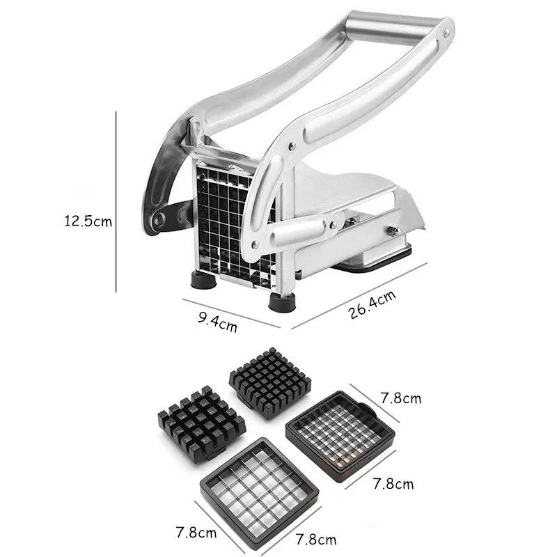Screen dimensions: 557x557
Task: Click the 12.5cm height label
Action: click(x=88, y=221)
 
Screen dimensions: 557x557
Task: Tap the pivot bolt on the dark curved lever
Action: click(x=159, y=219)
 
